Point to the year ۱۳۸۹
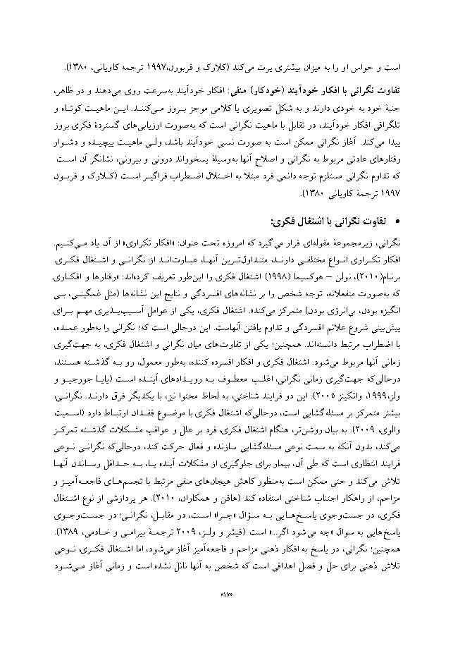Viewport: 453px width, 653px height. [51, 532]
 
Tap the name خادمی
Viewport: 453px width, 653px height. [78, 532]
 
